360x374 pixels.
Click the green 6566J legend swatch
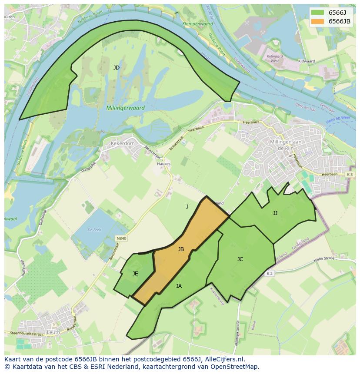317,13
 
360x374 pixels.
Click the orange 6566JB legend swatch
317,21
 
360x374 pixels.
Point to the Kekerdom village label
123,143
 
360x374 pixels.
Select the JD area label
117,68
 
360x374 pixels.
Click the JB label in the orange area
181,249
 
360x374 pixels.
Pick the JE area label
135,274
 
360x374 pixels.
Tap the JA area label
179,286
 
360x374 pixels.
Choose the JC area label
240,259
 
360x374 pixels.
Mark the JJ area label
275,213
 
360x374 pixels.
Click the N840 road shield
121,238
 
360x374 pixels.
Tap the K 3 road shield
350,174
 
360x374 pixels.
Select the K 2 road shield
270,273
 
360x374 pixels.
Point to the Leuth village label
53,332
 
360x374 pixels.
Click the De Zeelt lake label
94,229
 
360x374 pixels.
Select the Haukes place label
164,164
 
